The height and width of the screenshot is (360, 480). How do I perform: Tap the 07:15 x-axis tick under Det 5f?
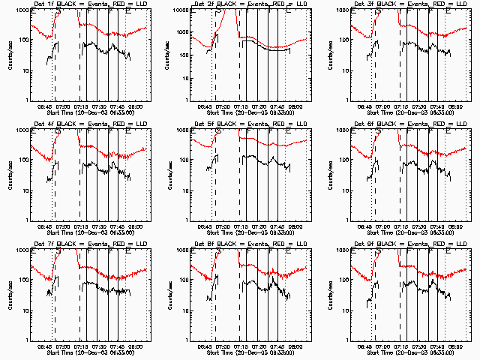pos(241,226)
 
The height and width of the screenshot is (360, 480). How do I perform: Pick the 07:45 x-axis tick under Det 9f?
pos(436,346)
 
